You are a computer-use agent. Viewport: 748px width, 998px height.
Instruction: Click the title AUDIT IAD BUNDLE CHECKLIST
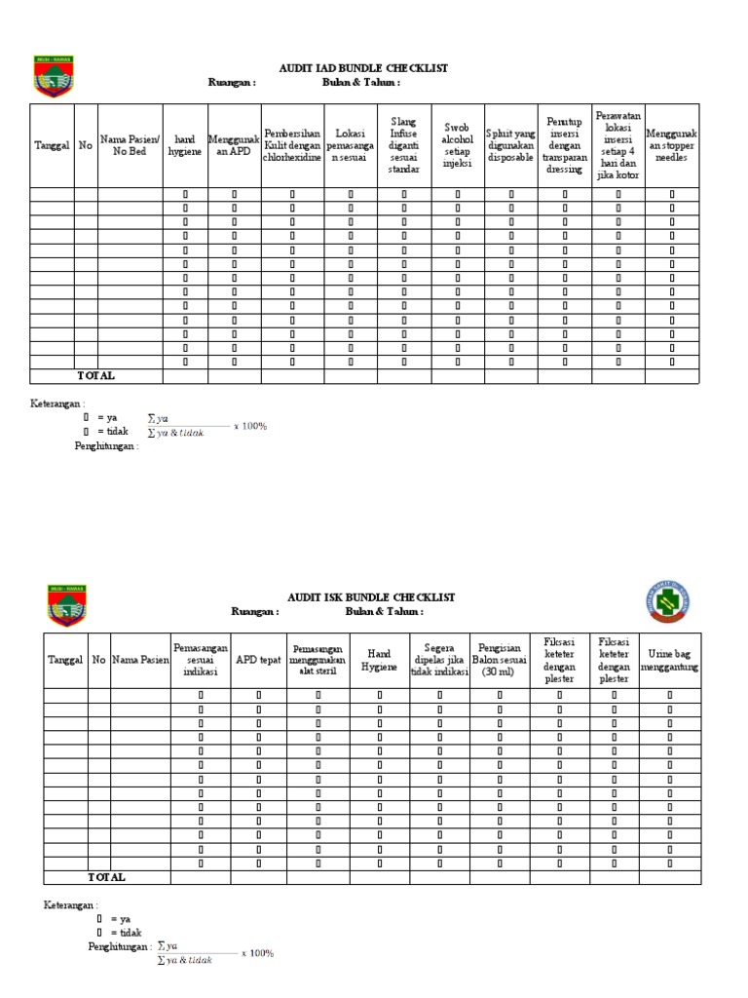click(x=350, y=68)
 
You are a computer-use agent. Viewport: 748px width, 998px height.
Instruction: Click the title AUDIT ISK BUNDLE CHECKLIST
click(x=370, y=596)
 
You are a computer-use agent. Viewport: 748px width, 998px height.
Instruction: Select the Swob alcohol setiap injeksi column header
click(x=458, y=145)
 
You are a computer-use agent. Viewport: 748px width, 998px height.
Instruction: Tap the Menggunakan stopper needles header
click(x=672, y=145)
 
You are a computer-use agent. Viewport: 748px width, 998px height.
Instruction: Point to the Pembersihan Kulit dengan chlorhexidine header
click(x=292, y=145)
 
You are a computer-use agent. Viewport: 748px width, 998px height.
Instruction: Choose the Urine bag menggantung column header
click(x=669, y=660)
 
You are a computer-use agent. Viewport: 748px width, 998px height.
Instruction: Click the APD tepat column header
click(x=258, y=660)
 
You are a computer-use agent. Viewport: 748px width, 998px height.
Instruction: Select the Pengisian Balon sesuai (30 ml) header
click(x=500, y=660)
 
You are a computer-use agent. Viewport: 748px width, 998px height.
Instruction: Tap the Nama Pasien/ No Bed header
click(x=130, y=145)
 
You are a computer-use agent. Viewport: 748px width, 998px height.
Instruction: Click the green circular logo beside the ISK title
click(x=667, y=603)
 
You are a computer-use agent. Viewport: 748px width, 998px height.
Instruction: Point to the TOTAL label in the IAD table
click(x=96, y=375)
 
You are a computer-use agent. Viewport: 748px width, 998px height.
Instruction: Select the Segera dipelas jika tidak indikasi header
click(x=439, y=660)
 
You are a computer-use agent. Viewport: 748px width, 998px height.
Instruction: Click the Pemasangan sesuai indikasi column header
click(x=201, y=660)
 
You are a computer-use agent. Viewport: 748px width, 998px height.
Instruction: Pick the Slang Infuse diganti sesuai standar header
click(x=404, y=145)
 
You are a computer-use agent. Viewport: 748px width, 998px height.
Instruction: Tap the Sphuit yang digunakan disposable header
click(x=511, y=145)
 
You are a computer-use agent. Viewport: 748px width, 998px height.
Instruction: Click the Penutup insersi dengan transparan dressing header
click(x=565, y=145)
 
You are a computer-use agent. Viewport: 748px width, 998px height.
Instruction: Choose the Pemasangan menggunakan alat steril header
click(x=318, y=660)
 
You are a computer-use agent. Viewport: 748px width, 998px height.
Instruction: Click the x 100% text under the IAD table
click(x=250, y=426)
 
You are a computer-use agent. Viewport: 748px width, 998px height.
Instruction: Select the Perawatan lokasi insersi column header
click(x=618, y=145)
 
